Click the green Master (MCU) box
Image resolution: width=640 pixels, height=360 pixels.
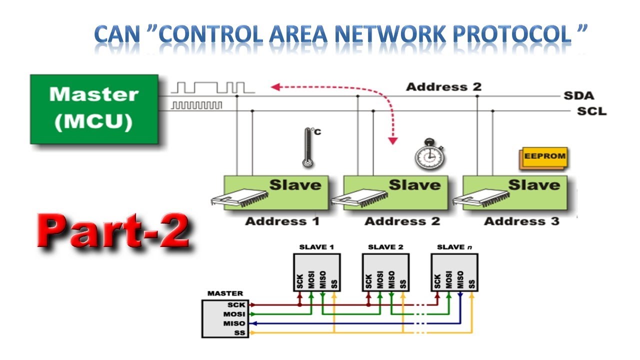(x=94, y=109)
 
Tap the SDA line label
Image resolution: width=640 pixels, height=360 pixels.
(x=578, y=95)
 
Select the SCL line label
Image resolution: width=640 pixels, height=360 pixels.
(x=591, y=111)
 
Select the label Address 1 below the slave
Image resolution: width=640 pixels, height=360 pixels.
(x=282, y=221)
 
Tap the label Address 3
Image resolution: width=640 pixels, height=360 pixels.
(x=521, y=221)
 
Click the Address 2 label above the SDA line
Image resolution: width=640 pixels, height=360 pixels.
(x=443, y=87)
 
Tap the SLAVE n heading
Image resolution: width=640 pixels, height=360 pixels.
(x=454, y=247)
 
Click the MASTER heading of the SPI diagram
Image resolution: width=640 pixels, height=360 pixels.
(x=225, y=293)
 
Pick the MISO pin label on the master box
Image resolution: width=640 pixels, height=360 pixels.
(x=236, y=323)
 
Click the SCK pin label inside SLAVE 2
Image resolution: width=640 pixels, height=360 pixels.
(x=369, y=281)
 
